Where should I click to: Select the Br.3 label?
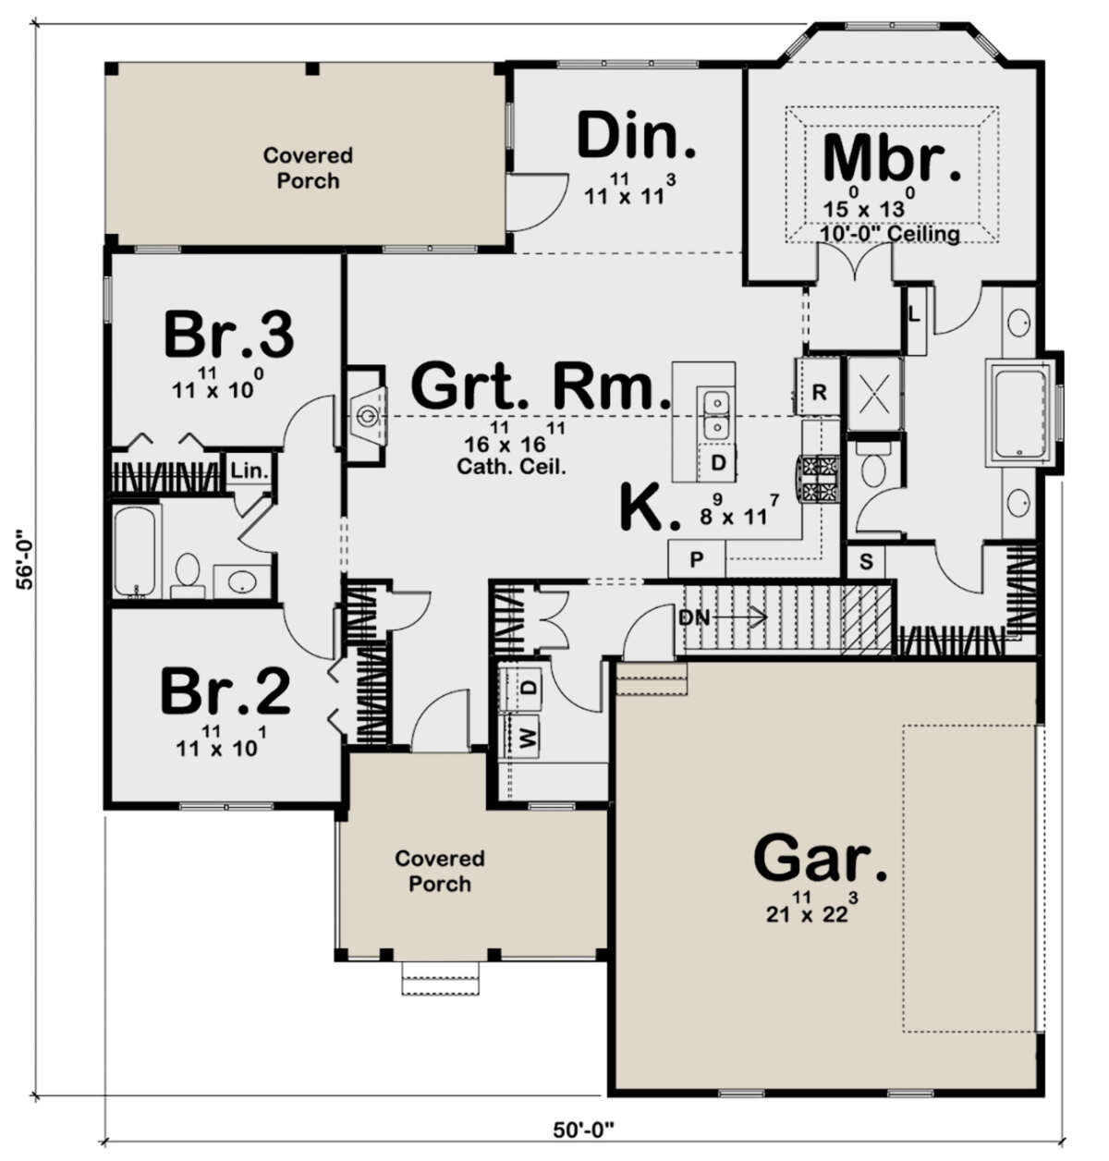pyautogui.click(x=229, y=334)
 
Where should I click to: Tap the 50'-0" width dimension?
pyautogui.click(x=583, y=1130)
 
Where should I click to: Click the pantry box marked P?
pyautogui.click(x=696, y=559)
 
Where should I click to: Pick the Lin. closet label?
pyautogui.click(x=250, y=471)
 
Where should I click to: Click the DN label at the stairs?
pyautogui.click(x=693, y=617)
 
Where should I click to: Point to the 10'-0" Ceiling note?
pyautogui.click(x=890, y=233)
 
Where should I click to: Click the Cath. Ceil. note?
pyautogui.click(x=511, y=466)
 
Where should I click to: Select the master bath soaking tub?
pyautogui.click(x=1020, y=411)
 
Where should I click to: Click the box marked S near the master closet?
pyautogui.click(x=866, y=561)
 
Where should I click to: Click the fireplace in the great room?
pyautogui.click(x=366, y=414)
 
